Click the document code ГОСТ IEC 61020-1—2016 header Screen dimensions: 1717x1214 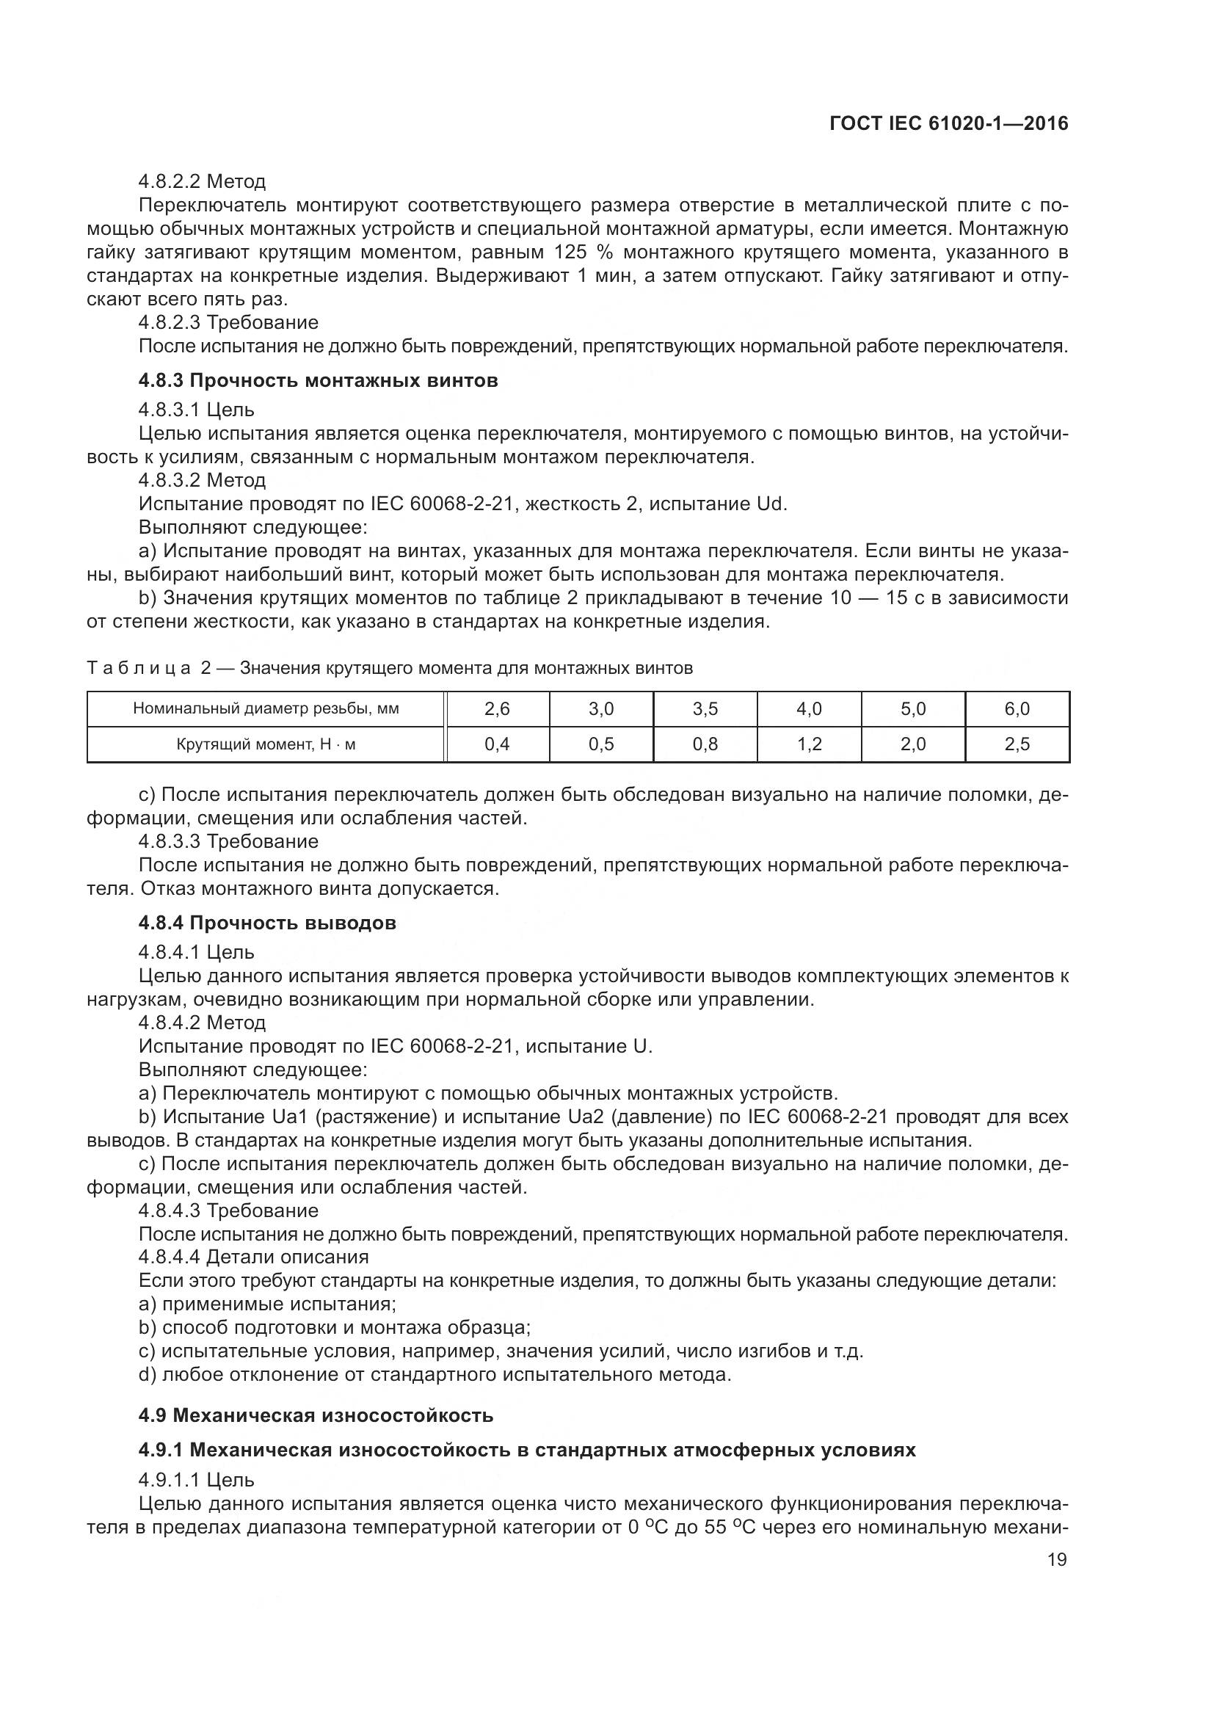[948, 124]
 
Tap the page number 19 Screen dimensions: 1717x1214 [1057, 1559]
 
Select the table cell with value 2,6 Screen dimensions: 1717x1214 [497, 708]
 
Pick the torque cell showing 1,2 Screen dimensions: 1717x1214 [809, 744]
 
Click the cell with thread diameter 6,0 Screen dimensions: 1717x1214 [1017, 708]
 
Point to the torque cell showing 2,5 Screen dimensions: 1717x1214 [1017, 744]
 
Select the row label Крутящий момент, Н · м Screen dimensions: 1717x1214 [266, 744]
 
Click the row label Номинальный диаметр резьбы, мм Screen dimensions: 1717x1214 [266, 708]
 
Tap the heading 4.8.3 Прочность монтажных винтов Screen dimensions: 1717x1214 [318, 381]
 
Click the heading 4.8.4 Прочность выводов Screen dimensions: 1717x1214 [267, 923]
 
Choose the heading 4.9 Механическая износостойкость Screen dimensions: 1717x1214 [316, 1415]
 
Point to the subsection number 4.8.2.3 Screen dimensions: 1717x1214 [169, 322]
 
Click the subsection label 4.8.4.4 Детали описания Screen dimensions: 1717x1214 [253, 1256]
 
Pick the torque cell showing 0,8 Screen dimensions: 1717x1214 [705, 744]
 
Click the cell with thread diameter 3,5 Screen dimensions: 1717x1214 [705, 708]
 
